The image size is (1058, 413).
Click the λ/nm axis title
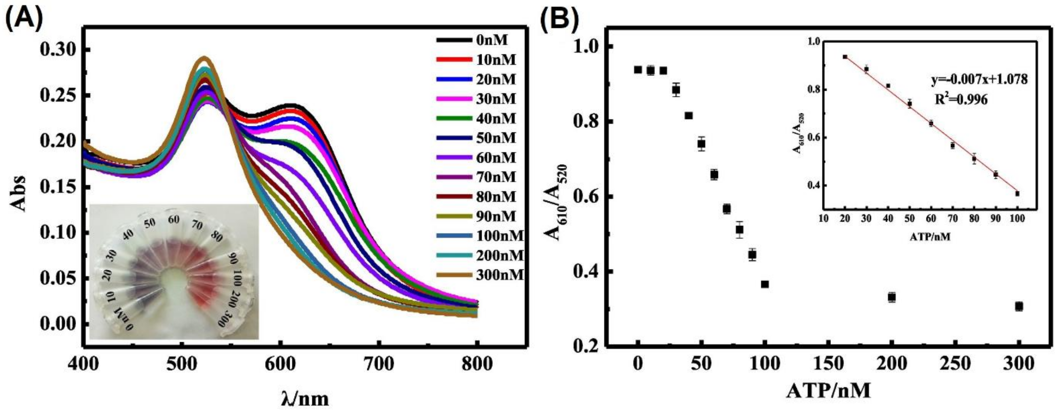[306, 398]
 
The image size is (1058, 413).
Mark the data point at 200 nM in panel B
[892, 297]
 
